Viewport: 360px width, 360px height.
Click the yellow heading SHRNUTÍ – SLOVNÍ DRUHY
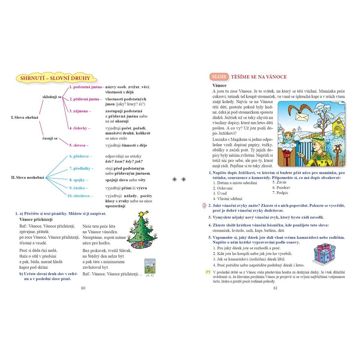pyautogui.click(x=52, y=78)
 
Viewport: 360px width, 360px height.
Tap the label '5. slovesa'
pyautogui.click(x=79, y=145)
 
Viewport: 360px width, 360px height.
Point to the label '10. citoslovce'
pyautogui.click(x=80, y=196)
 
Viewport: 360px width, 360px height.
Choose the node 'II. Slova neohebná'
pyautogui.click(x=26, y=177)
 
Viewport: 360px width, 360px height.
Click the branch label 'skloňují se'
pyautogui.click(x=52, y=97)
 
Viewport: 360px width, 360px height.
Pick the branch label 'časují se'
pyautogui.click(x=50, y=138)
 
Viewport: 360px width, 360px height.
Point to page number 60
pyautogui.click(x=83, y=287)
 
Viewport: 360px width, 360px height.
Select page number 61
pyautogui.click(x=275, y=287)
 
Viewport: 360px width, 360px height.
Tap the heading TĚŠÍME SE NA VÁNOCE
pyautogui.click(x=259, y=77)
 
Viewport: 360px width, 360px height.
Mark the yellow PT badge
pyautogui.click(x=208, y=272)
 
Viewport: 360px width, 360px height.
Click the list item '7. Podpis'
pyautogui.click(x=280, y=193)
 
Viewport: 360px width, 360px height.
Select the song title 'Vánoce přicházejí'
pyautogui.click(x=36, y=220)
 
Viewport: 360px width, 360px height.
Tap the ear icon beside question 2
pyautogui.click(x=204, y=206)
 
